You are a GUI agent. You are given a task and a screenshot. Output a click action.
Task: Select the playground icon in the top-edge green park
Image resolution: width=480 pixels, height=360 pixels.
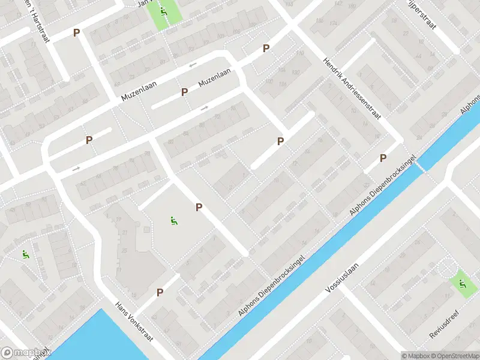click(x=164, y=11)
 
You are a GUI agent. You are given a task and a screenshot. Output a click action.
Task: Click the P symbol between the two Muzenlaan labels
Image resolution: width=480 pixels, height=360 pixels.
click(x=185, y=92)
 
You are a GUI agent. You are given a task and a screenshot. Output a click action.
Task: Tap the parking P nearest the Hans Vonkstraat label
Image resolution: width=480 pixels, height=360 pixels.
click(x=160, y=292)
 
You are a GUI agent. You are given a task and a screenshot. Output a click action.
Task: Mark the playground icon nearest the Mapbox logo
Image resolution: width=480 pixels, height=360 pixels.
click(x=25, y=254)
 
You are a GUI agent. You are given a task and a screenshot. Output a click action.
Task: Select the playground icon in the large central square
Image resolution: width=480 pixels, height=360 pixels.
click(x=173, y=221)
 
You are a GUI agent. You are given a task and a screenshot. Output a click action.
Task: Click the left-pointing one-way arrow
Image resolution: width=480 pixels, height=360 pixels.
click(x=193, y=65)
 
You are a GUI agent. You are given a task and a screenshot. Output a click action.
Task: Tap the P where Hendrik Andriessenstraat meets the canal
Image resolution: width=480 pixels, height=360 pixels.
click(x=383, y=158)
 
